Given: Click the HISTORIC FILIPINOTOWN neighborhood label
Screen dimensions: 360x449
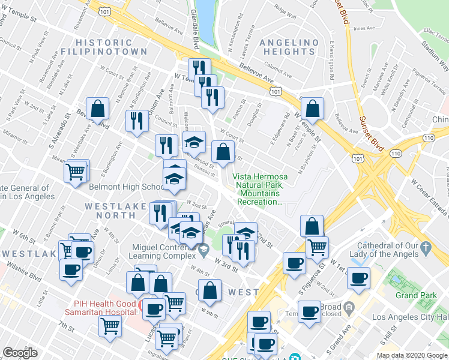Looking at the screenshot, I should pyautogui.click(x=112, y=47).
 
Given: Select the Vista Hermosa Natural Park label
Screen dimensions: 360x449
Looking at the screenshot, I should pyautogui.click(x=260, y=189).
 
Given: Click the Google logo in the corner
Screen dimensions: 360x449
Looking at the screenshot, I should pyautogui.click(x=20, y=353).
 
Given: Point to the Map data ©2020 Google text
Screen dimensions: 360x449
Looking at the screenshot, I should pyautogui.click(x=412, y=355).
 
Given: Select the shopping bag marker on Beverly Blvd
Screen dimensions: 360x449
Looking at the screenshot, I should pyautogui.click(x=97, y=110).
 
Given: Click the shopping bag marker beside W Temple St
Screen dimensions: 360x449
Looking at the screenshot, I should pyautogui.click(x=312, y=109).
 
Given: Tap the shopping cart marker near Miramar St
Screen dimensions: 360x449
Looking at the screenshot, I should pyautogui.click(x=76, y=172).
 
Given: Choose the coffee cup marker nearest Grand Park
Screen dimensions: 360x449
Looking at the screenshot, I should pyautogui.click(x=358, y=278).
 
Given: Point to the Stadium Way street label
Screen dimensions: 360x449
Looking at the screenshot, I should pyautogui.click(x=432, y=49).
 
